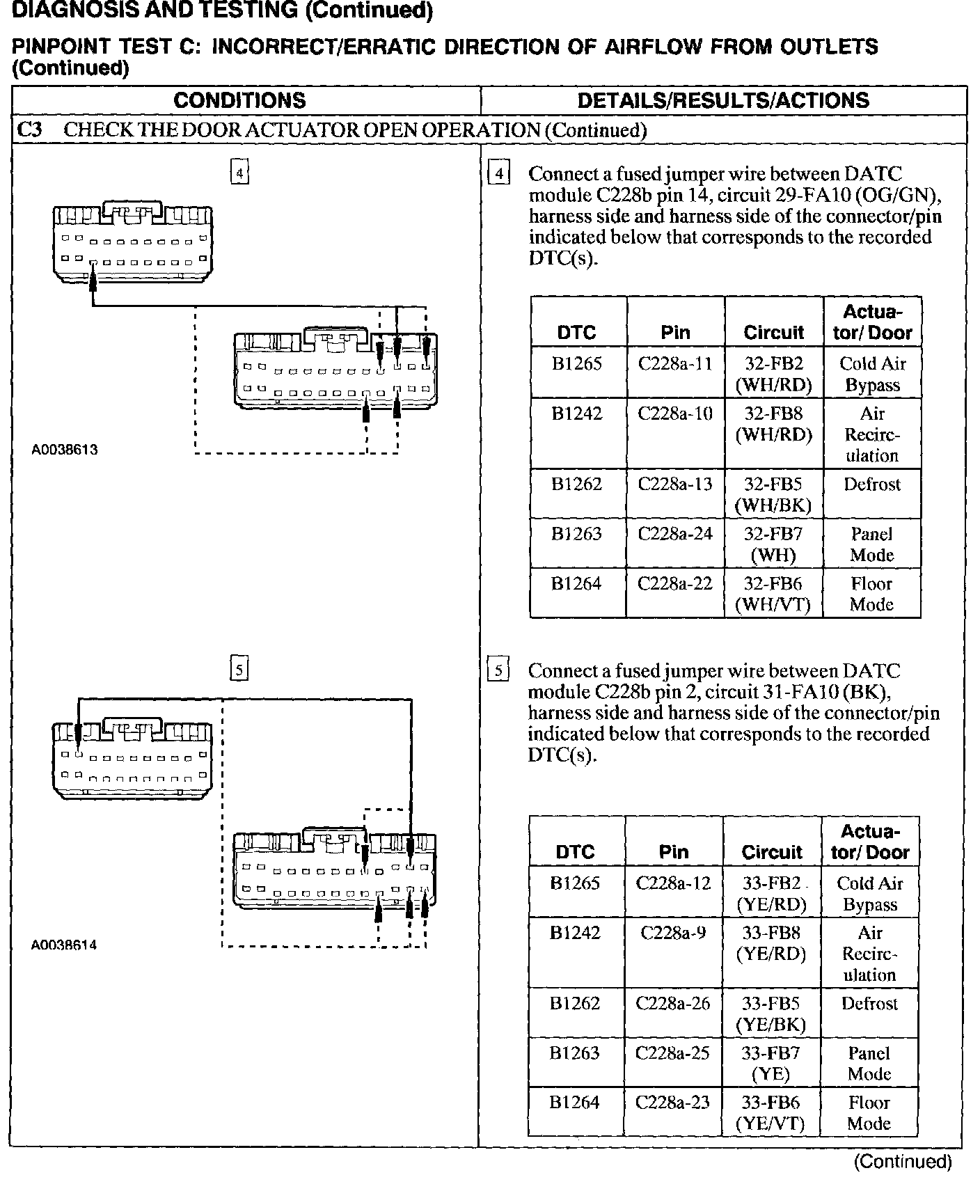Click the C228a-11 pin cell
pos(675,364)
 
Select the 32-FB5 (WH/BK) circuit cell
pos(773,494)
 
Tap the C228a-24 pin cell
pos(675,534)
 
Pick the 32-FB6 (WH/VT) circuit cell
pos(773,594)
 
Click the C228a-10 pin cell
pos(675,414)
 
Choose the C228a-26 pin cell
pos(673,1004)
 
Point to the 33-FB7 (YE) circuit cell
pos(771,1063)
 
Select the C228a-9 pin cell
pos(673,933)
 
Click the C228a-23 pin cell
pos(673,1103)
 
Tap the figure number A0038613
pos(65,450)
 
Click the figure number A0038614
pos(64,945)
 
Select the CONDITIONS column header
pos(239,100)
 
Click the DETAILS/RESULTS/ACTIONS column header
pos(723,100)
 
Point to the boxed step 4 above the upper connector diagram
pos(239,173)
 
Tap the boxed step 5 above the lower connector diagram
pos(239,670)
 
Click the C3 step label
pos(29,130)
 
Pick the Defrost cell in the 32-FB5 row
pos(872,484)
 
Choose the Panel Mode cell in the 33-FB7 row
pos(869,1063)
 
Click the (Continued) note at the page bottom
pos(902,1161)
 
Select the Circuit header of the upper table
pos(773,332)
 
